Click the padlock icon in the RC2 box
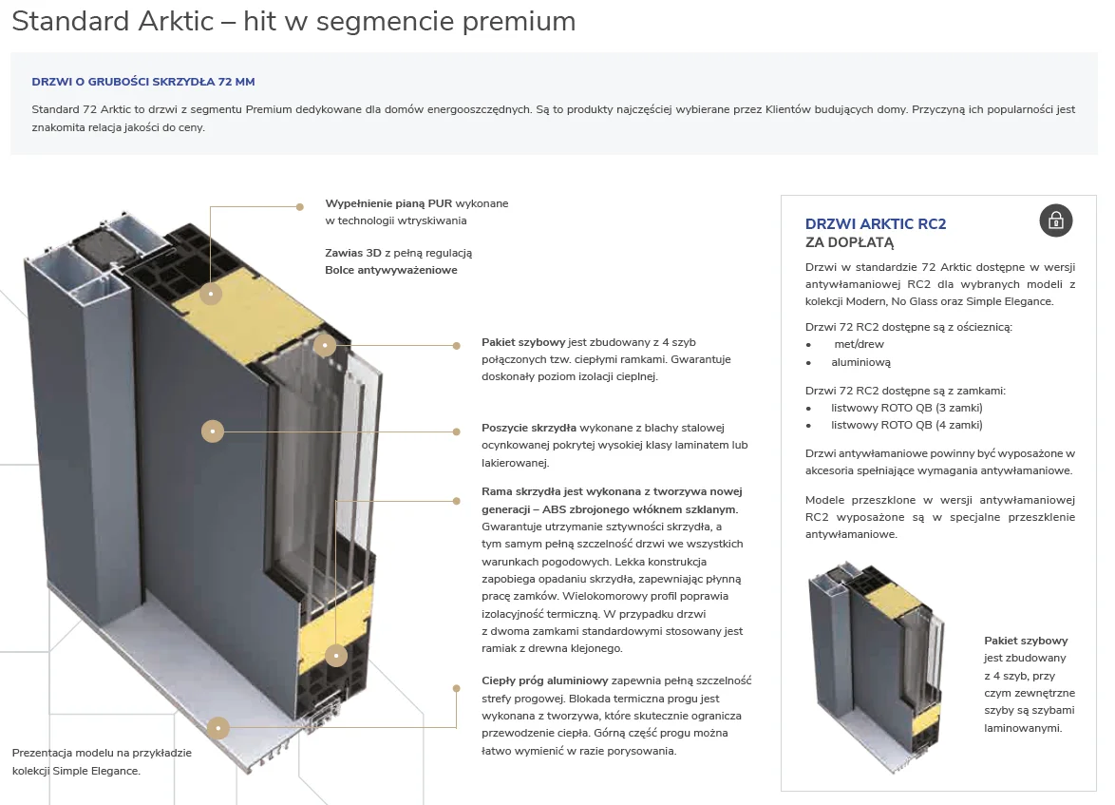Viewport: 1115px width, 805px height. click(1056, 220)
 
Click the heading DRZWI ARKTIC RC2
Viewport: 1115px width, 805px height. click(876, 224)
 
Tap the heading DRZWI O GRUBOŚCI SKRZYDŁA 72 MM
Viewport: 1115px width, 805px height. click(142, 82)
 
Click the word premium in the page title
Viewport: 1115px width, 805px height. click(520, 21)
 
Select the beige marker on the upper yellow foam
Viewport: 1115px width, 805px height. click(211, 294)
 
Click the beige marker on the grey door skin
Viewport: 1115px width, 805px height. click(213, 431)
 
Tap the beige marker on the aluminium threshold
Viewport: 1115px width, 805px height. click(217, 727)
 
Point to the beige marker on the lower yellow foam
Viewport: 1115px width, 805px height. click(335, 656)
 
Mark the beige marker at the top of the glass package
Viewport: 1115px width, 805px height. click(325, 345)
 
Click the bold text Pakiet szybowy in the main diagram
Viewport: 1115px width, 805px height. click(523, 342)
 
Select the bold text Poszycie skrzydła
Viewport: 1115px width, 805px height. click(529, 428)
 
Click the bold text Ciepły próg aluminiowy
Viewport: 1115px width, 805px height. click(545, 681)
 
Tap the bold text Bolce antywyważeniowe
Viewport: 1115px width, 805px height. click(391, 271)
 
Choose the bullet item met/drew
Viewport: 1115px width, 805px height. click(859, 344)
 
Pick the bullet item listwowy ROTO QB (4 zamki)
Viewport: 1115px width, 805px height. click(907, 426)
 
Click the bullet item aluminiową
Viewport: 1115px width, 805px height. click(860, 362)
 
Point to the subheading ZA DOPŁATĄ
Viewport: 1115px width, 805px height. click(849, 242)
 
